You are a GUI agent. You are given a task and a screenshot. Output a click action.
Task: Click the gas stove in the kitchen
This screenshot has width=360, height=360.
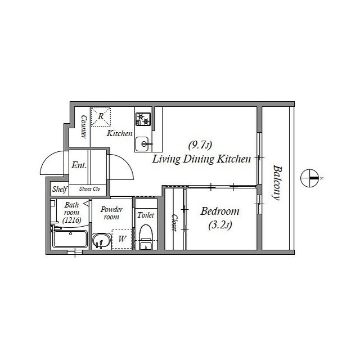coord(143,119)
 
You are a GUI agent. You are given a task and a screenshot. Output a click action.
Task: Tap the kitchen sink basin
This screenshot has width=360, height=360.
coord(142,144)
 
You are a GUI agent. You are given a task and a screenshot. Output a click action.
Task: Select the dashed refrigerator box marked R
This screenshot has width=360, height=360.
coord(101,116)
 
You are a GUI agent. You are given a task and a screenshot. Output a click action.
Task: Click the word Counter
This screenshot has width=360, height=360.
coord(84,127)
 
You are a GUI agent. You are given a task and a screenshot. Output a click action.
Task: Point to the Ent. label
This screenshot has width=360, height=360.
coord(79,165)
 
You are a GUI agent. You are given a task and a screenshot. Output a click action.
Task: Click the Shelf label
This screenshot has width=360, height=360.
coord(60,189)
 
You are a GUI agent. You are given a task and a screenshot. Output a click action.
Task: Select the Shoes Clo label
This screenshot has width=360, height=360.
coord(89,189)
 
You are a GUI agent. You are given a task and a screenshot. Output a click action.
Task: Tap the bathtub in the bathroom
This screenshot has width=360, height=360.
coord(70,239)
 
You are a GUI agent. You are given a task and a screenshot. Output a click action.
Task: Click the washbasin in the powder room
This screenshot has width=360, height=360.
coord(101,240)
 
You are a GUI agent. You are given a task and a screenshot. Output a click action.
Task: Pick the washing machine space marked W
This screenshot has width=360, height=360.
coord(122,238)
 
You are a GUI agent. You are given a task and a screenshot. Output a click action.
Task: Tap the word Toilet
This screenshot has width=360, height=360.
coord(146,215)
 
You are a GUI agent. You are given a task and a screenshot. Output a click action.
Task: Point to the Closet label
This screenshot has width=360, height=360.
coord(174,223)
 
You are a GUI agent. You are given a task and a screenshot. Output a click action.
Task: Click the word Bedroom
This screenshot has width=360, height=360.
coord(220,211)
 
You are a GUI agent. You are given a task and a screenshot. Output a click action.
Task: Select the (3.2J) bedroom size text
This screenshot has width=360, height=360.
coord(220,225)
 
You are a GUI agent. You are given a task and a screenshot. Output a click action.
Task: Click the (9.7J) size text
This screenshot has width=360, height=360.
coord(200,145)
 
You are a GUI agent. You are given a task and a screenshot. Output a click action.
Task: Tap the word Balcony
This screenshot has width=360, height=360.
coord(277,183)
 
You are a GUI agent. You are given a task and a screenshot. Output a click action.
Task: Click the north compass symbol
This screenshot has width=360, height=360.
coord(310,178)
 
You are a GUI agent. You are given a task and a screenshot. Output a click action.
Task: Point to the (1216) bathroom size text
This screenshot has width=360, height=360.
coord(72,220)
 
